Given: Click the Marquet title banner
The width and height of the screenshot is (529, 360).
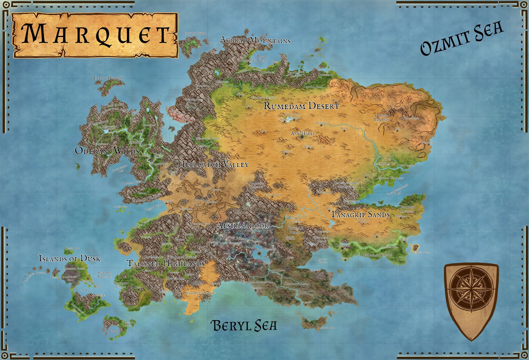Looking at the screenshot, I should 95,35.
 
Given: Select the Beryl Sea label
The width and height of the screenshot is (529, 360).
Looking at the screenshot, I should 244,326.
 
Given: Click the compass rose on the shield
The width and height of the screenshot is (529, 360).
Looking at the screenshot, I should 471,290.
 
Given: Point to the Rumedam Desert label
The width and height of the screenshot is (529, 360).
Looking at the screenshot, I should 301,106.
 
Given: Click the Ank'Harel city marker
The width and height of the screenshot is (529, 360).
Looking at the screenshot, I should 302,137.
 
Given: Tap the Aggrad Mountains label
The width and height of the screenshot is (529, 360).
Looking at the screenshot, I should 255,40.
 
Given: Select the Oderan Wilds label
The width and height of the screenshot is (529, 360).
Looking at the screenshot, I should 107,151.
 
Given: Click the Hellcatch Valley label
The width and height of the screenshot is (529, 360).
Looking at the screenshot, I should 213,164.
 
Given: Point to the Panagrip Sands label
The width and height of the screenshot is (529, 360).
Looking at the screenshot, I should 361,214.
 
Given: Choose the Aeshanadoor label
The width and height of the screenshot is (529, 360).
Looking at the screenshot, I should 242,226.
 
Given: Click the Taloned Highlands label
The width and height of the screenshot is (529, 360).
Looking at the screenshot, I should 165,263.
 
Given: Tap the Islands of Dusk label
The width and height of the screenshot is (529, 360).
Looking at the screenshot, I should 69,259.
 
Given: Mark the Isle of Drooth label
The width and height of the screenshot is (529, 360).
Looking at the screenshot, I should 108,78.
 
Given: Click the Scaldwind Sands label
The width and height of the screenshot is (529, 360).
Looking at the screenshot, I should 199,293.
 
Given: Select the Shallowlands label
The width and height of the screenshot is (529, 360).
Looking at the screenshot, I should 296,284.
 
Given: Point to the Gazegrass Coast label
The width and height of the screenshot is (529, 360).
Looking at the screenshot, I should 376,255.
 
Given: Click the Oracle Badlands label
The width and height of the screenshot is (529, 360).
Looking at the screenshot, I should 381,118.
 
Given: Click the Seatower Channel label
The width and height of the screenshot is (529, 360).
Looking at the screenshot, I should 104,274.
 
